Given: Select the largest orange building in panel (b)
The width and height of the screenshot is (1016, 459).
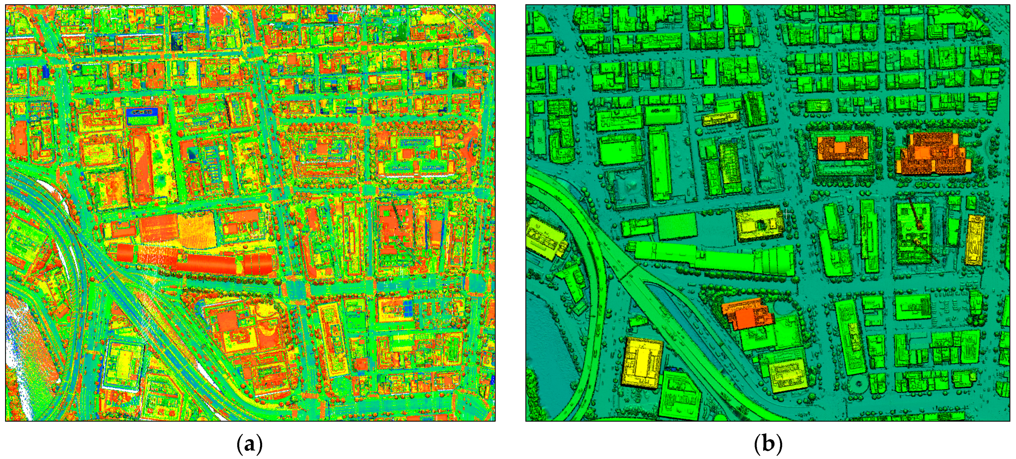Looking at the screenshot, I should pyautogui.click(x=933, y=154).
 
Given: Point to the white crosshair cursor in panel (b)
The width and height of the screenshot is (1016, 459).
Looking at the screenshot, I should pyautogui.click(x=787, y=213).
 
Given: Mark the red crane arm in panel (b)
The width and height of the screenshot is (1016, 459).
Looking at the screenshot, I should pyautogui.click(x=923, y=233).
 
